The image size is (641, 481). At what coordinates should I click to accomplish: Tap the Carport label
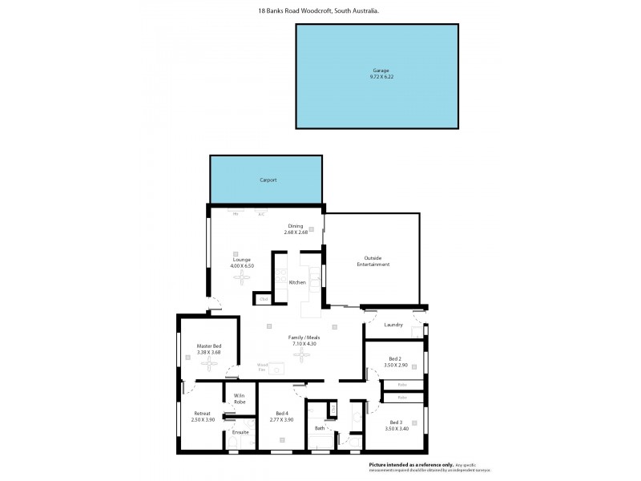pyautogui.click(x=268, y=180)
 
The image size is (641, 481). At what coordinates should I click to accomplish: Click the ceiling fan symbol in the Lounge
pyautogui.click(x=242, y=277)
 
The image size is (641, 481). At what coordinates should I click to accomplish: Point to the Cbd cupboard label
pyautogui.click(x=263, y=299)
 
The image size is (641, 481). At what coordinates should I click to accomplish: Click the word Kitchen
pyautogui.click(x=297, y=282)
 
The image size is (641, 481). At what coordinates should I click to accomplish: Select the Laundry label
pyautogui.click(x=393, y=325)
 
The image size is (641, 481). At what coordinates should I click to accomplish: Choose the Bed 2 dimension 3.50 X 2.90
pyautogui.click(x=395, y=365)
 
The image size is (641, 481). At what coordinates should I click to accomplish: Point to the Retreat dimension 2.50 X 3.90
pyautogui.click(x=202, y=419)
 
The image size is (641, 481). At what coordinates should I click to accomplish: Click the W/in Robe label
pyautogui.click(x=240, y=398)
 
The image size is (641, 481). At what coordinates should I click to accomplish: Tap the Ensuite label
pyautogui.click(x=240, y=432)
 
